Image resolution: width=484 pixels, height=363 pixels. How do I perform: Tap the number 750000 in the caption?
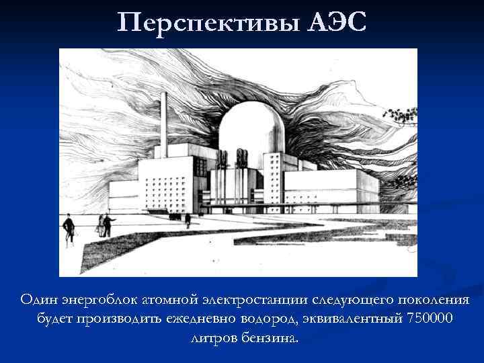point(430,317)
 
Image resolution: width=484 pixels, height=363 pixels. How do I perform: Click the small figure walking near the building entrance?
point(188,219)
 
